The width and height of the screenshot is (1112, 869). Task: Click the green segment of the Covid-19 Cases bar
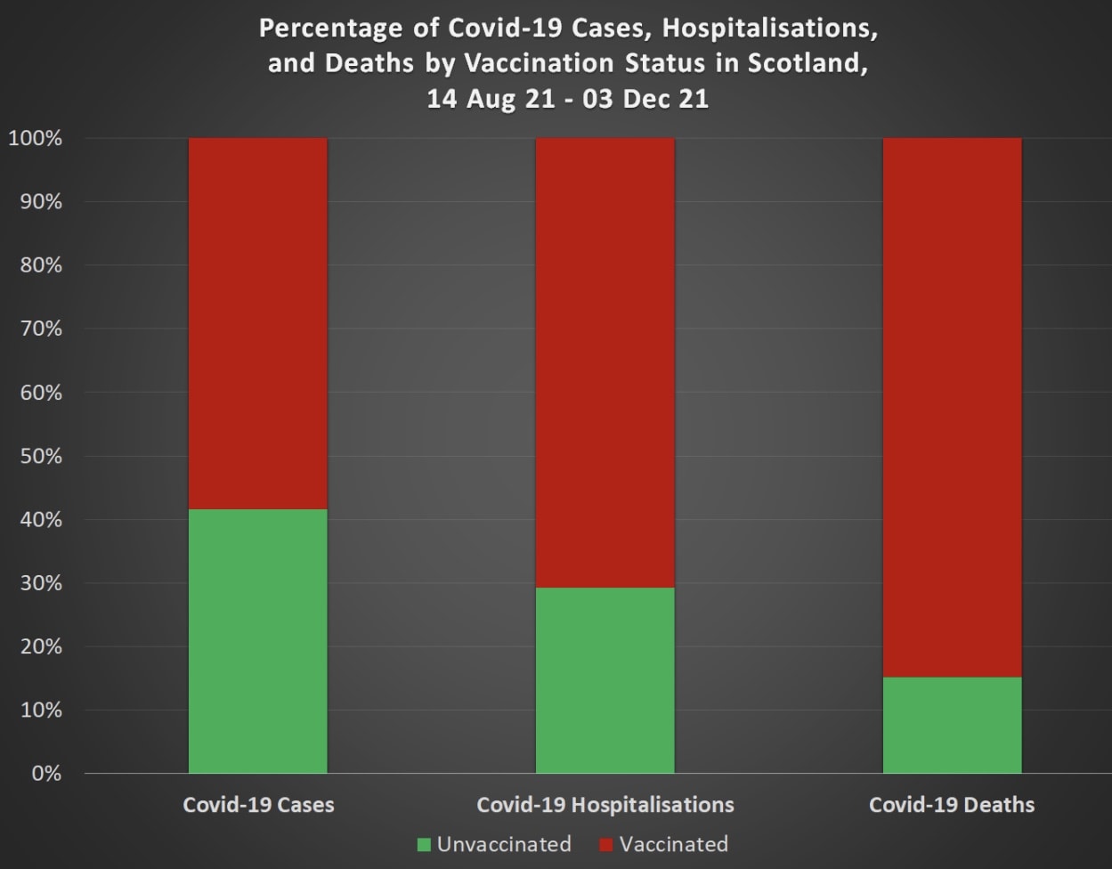pyautogui.click(x=257, y=641)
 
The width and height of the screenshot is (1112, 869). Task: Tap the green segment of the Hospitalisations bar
pyautogui.click(x=605, y=680)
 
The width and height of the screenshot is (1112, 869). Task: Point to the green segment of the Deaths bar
pyautogui.click(x=952, y=725)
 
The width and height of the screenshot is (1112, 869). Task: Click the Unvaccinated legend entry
pyautogui.click(x=503, y=844)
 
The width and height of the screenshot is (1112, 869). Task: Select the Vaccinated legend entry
pyautogui.click(x=673, y=844)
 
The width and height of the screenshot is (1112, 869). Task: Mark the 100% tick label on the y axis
pyautogui.click(x=35, y=139)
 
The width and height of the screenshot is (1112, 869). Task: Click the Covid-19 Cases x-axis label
pyautogui.click(x=258, y=805)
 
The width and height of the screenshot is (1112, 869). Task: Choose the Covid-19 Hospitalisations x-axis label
pyautogui.click(x=605, y=805)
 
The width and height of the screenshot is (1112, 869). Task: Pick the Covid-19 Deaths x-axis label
pyautogui.click(x=952, y=805)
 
